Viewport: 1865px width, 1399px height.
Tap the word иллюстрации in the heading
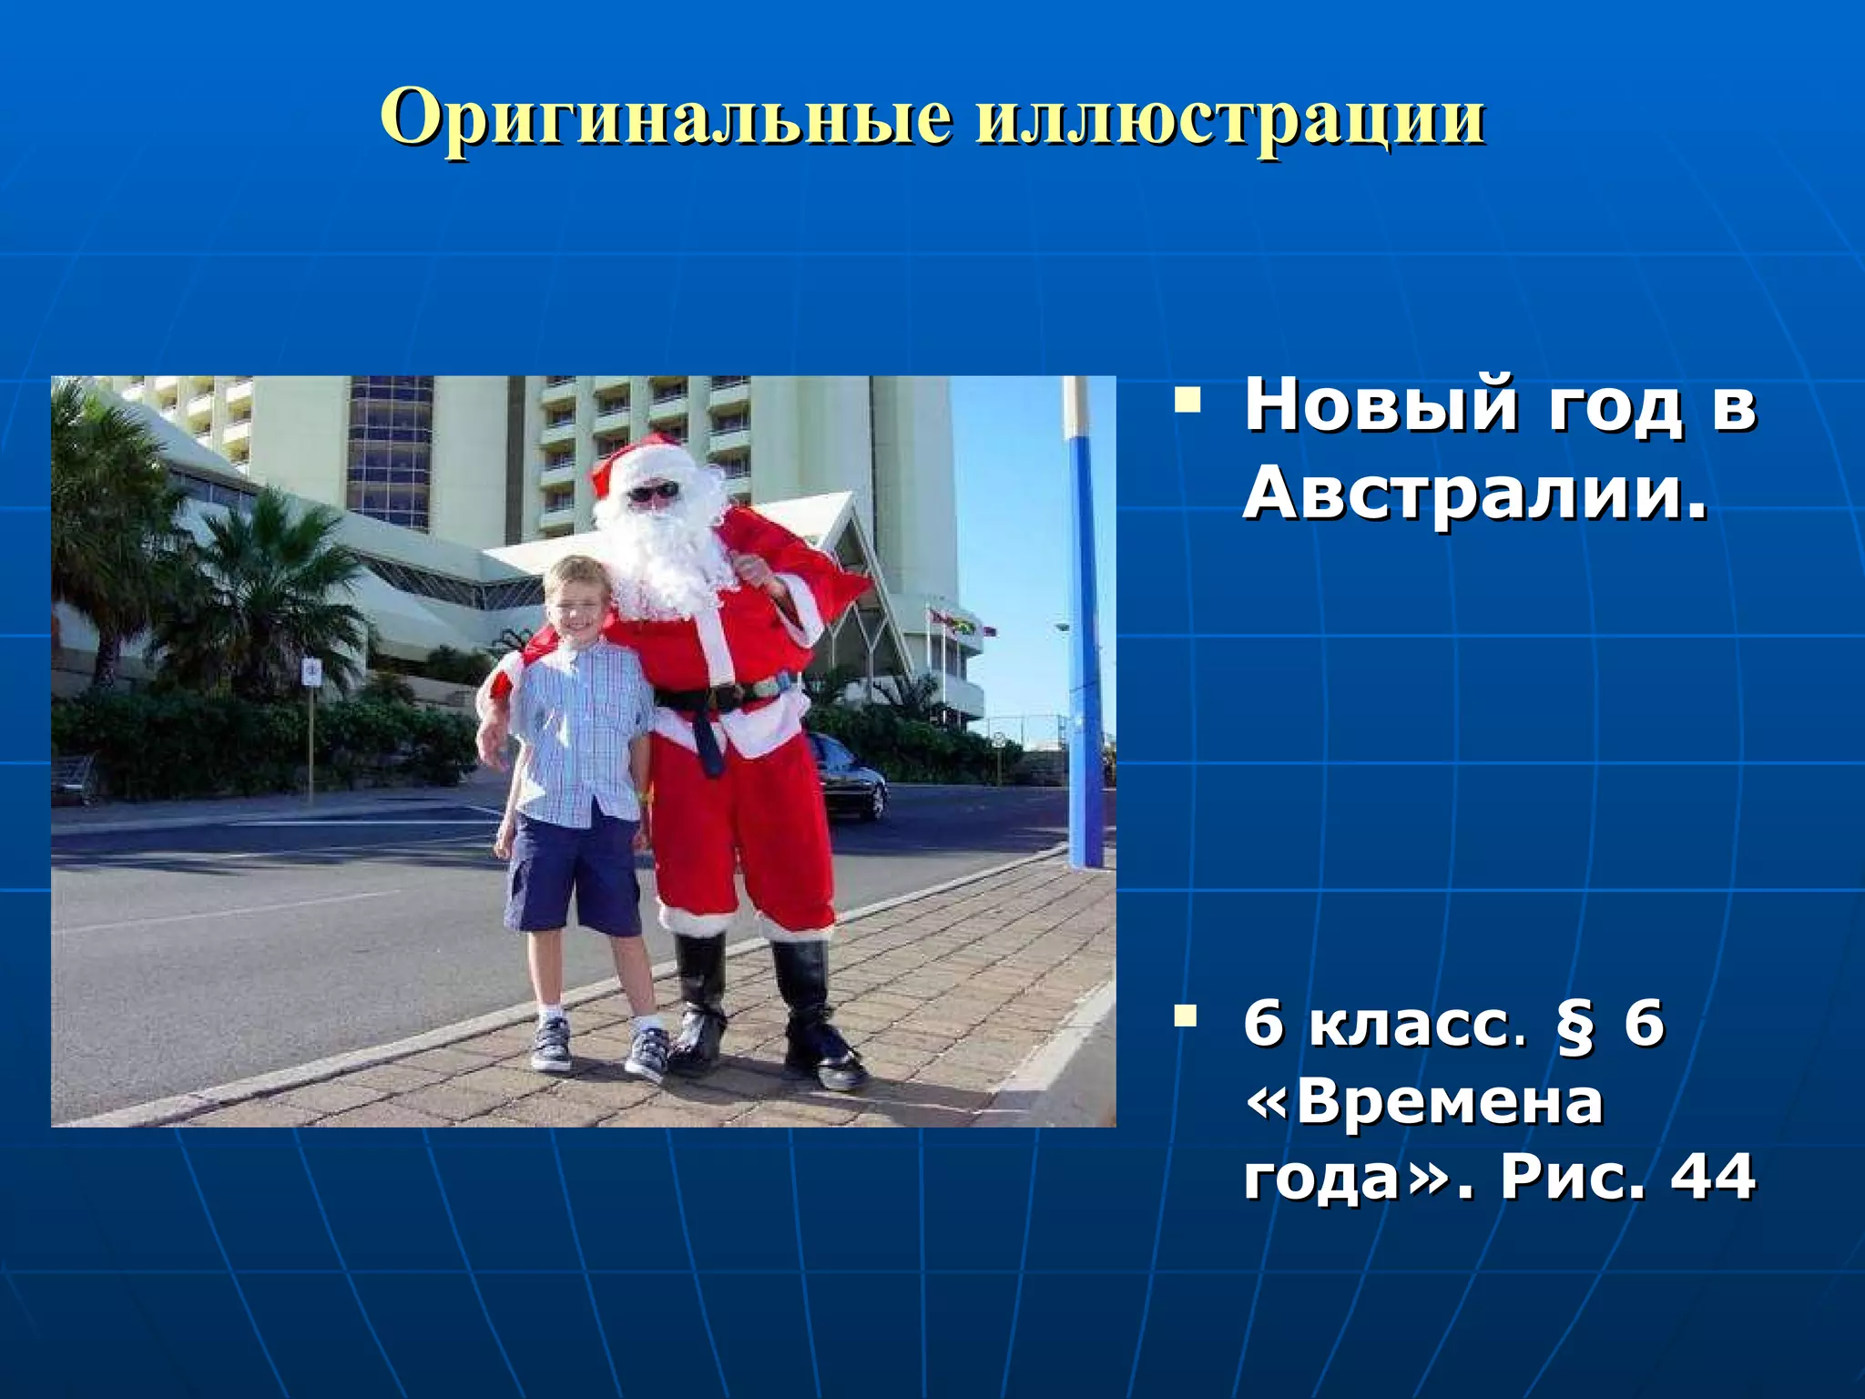point(1230,118)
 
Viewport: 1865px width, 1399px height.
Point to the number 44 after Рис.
point(1712,1177)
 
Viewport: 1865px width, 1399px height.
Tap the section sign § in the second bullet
point(1575,1026)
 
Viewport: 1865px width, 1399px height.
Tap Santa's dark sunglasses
point(653,493)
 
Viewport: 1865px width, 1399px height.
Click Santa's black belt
point(719,697)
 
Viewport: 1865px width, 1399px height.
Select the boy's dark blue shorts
point(574,874)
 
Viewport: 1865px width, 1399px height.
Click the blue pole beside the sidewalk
point(1085,638)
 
